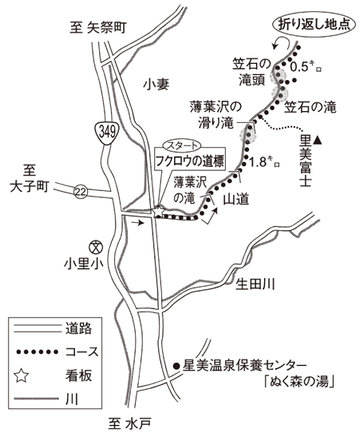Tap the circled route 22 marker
coord(81,193)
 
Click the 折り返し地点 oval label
coord(314,25)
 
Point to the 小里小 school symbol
coord(96,247)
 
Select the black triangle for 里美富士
coord(318,140)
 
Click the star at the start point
coord(158,212)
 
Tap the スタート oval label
coord(182,145)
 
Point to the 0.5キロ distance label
coord(307,66)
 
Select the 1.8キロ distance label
coord(264,162)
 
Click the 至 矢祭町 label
coord(98,28)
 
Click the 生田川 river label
coord(255,284)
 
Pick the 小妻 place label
coord(156,84)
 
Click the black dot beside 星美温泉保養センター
coord(176,366)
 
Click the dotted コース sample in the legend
coord(38,352)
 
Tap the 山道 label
coord(236,200)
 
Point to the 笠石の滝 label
coord(311,107)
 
